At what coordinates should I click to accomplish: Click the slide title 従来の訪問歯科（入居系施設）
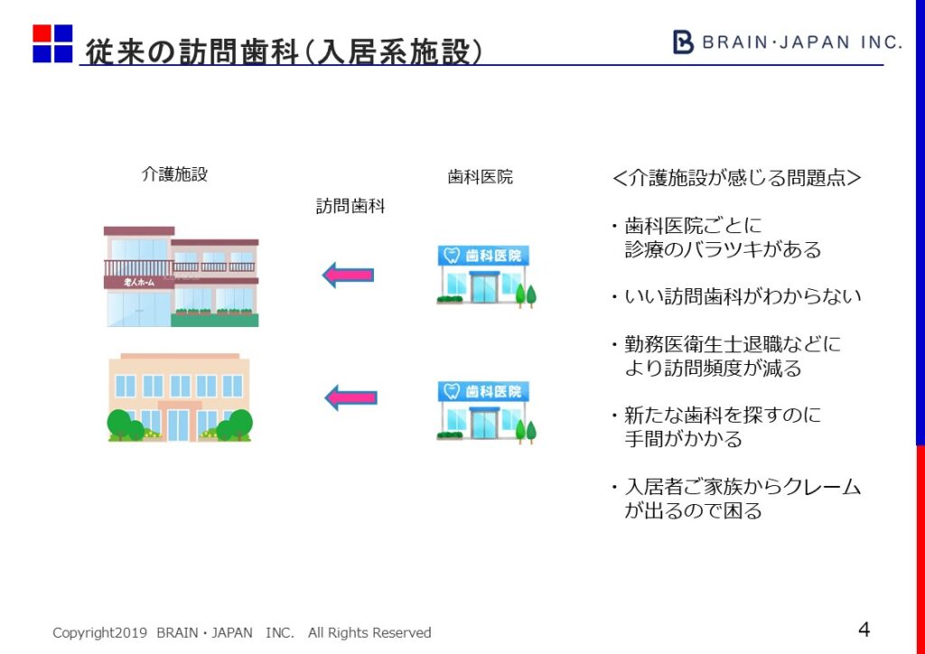pos(284,51)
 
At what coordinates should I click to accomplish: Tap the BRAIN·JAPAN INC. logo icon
pos(684,42)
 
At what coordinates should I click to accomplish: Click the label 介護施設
pos(174,174)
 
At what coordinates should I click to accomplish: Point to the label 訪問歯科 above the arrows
pos(350,206)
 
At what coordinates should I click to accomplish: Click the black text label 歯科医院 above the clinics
pos(480,177)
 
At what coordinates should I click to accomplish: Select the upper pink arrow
pos(349,275)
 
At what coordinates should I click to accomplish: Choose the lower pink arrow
pos(350,397)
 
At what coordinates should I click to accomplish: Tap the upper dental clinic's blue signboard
pos(484,256)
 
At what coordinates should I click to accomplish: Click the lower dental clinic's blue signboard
pos(484,391)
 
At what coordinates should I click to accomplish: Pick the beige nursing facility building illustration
pos(179,397)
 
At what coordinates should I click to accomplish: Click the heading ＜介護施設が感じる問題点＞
pos(736,178)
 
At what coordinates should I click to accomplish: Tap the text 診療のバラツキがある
pos(723,250)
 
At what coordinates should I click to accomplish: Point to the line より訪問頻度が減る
pos(713,369)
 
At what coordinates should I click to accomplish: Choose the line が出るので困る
pos(693,510)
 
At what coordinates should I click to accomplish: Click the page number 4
pos(864,630)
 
